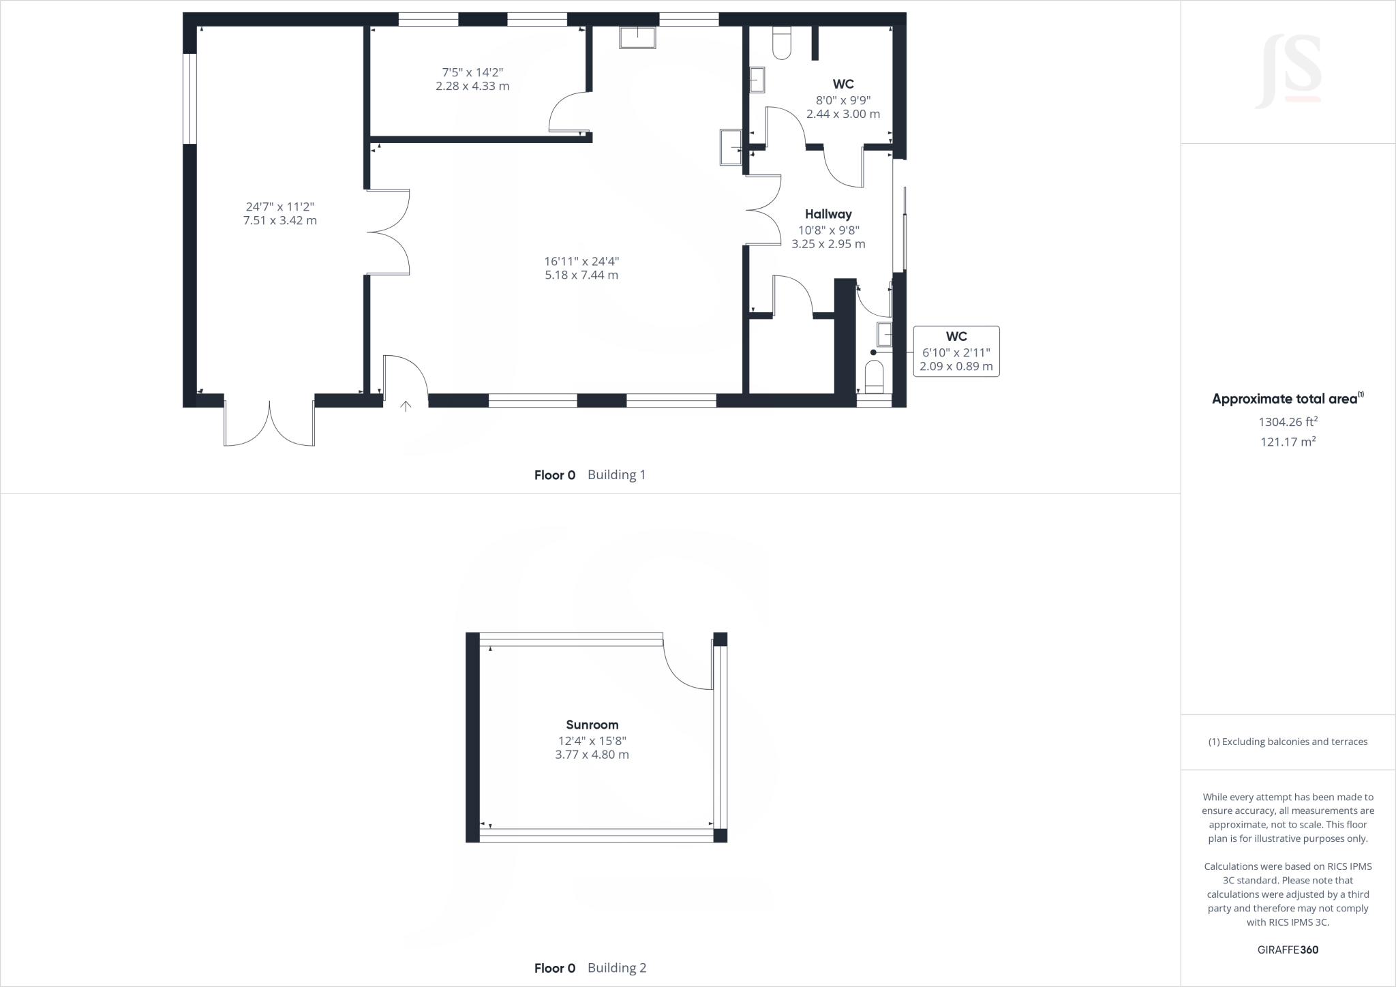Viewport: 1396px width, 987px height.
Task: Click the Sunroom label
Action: [592, 725]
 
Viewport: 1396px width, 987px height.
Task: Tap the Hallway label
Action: [828, 214]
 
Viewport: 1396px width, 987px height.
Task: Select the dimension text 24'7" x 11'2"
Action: [279, 207]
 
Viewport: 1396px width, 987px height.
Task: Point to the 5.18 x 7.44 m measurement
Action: [581, 275]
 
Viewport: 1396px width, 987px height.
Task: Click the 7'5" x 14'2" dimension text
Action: [472, 72]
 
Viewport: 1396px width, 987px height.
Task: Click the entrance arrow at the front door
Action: [406, 407]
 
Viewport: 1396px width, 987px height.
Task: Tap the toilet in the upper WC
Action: [781, 43]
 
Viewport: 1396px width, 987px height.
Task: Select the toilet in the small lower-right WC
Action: [874, 375]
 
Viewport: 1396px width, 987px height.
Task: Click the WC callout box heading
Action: [956, 337]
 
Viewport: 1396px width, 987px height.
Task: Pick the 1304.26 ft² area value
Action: [1288, 422]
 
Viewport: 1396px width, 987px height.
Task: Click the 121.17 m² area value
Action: [1288, 442]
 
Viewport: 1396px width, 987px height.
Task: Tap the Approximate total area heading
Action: [1288, 399]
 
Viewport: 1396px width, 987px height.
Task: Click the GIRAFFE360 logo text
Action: [1288, 950]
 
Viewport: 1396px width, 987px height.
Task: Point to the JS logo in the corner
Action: [1288, 72]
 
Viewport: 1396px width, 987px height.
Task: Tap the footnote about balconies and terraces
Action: [1288, 742]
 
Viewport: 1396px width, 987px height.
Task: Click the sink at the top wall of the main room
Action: [637, 37]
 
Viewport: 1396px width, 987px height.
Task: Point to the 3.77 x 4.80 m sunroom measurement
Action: [592, 755]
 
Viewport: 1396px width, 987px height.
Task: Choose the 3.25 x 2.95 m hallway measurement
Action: [828, 244]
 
